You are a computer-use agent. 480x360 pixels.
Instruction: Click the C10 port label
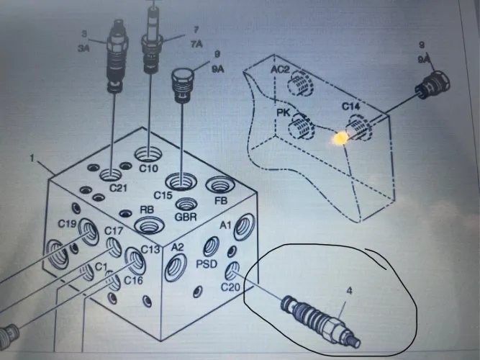point(149,168)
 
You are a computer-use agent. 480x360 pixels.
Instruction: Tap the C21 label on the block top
point(118,188)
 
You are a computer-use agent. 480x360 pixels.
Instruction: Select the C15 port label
point(163,195)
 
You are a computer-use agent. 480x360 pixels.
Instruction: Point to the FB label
point(221,201)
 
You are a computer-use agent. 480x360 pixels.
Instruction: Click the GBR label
point(186,217)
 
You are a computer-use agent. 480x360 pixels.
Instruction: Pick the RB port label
point(147,210)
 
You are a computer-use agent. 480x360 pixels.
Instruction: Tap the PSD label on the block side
point(207,264)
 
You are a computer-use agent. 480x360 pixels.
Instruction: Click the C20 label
point(230,287)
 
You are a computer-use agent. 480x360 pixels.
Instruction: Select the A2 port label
point(177,247)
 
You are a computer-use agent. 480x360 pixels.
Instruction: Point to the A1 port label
point(225,225)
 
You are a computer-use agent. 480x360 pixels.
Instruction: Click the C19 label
point(67,224)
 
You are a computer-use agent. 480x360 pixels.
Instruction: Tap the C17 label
point(114,230)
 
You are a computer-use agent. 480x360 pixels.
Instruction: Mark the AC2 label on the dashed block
point(280,70)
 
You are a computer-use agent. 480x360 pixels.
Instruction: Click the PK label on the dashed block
point(283,112)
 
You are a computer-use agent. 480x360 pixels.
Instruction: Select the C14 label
point(350,107)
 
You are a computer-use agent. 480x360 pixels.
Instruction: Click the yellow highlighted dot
point(340,138)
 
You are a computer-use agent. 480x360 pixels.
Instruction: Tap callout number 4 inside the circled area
point(349,290)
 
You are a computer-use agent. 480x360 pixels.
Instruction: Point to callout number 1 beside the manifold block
point(32,158)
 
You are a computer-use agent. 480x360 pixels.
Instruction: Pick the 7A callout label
point(197,44)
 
